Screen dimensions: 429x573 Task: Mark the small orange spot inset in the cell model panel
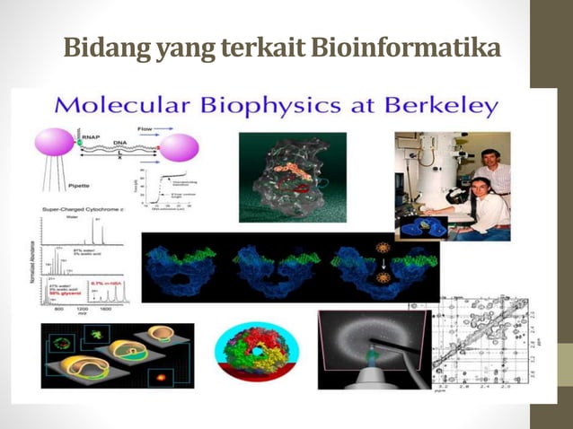[164, 373]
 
